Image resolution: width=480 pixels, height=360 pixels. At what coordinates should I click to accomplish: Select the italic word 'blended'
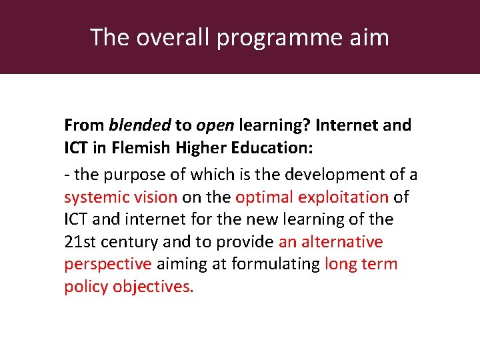click(140, 125)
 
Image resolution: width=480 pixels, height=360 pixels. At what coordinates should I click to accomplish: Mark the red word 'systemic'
click(94, 198)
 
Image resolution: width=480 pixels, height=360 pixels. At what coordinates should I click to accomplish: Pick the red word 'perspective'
click(108, 265)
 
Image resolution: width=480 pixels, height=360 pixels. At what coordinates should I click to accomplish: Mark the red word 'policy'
click(86, 287)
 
